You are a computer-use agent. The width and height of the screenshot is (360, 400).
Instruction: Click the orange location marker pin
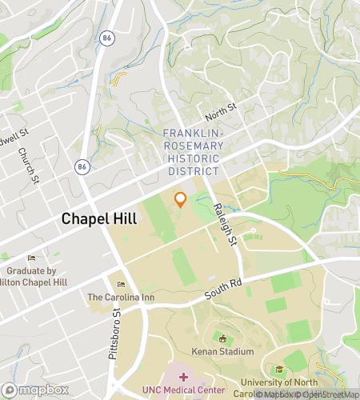181,200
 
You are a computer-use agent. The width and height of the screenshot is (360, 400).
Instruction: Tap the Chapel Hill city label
94,218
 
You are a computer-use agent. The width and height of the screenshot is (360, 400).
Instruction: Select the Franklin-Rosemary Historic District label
190,152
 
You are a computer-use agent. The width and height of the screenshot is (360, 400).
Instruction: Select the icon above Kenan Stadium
222,338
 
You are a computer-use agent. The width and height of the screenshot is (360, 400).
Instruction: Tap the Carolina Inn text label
120,298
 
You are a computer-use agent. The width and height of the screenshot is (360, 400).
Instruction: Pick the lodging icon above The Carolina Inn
122,285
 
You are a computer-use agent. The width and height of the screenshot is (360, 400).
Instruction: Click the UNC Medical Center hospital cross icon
183,376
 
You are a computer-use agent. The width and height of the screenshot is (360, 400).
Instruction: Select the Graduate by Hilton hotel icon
32,258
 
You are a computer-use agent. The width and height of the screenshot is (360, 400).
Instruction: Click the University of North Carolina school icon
279,369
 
